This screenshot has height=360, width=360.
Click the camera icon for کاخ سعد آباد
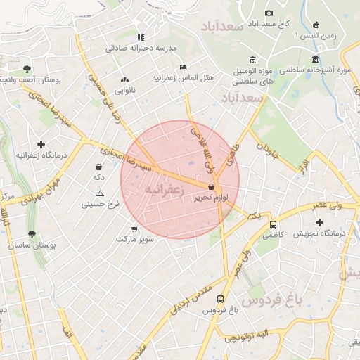[269, 13]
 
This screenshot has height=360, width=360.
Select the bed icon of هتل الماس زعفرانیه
[184, 67]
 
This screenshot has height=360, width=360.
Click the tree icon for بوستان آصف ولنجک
[27, 69]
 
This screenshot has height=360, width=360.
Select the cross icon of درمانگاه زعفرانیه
[41, 143]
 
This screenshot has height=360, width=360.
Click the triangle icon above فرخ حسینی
[101, 193]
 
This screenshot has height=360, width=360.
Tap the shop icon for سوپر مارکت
[134, 229]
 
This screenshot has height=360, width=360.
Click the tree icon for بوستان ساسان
[31, 234]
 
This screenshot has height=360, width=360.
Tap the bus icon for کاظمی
[273, 224]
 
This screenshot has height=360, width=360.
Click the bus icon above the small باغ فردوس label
[221, 299]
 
